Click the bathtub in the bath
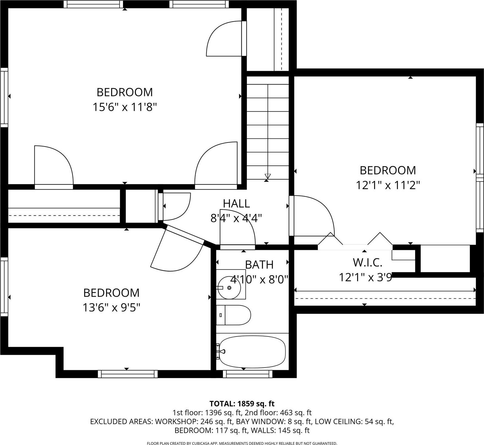252,352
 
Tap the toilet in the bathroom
233,315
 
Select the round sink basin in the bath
230,287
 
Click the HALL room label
236,204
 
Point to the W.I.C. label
367,262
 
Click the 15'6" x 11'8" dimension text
124,107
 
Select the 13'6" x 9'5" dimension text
111,308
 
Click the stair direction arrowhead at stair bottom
268,176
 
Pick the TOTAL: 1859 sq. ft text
242,404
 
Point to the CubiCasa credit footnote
242,443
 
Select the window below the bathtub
248,374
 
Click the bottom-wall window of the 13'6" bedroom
128,374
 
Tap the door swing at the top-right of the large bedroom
225,39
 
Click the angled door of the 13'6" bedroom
176,249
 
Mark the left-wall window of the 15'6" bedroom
4,97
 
